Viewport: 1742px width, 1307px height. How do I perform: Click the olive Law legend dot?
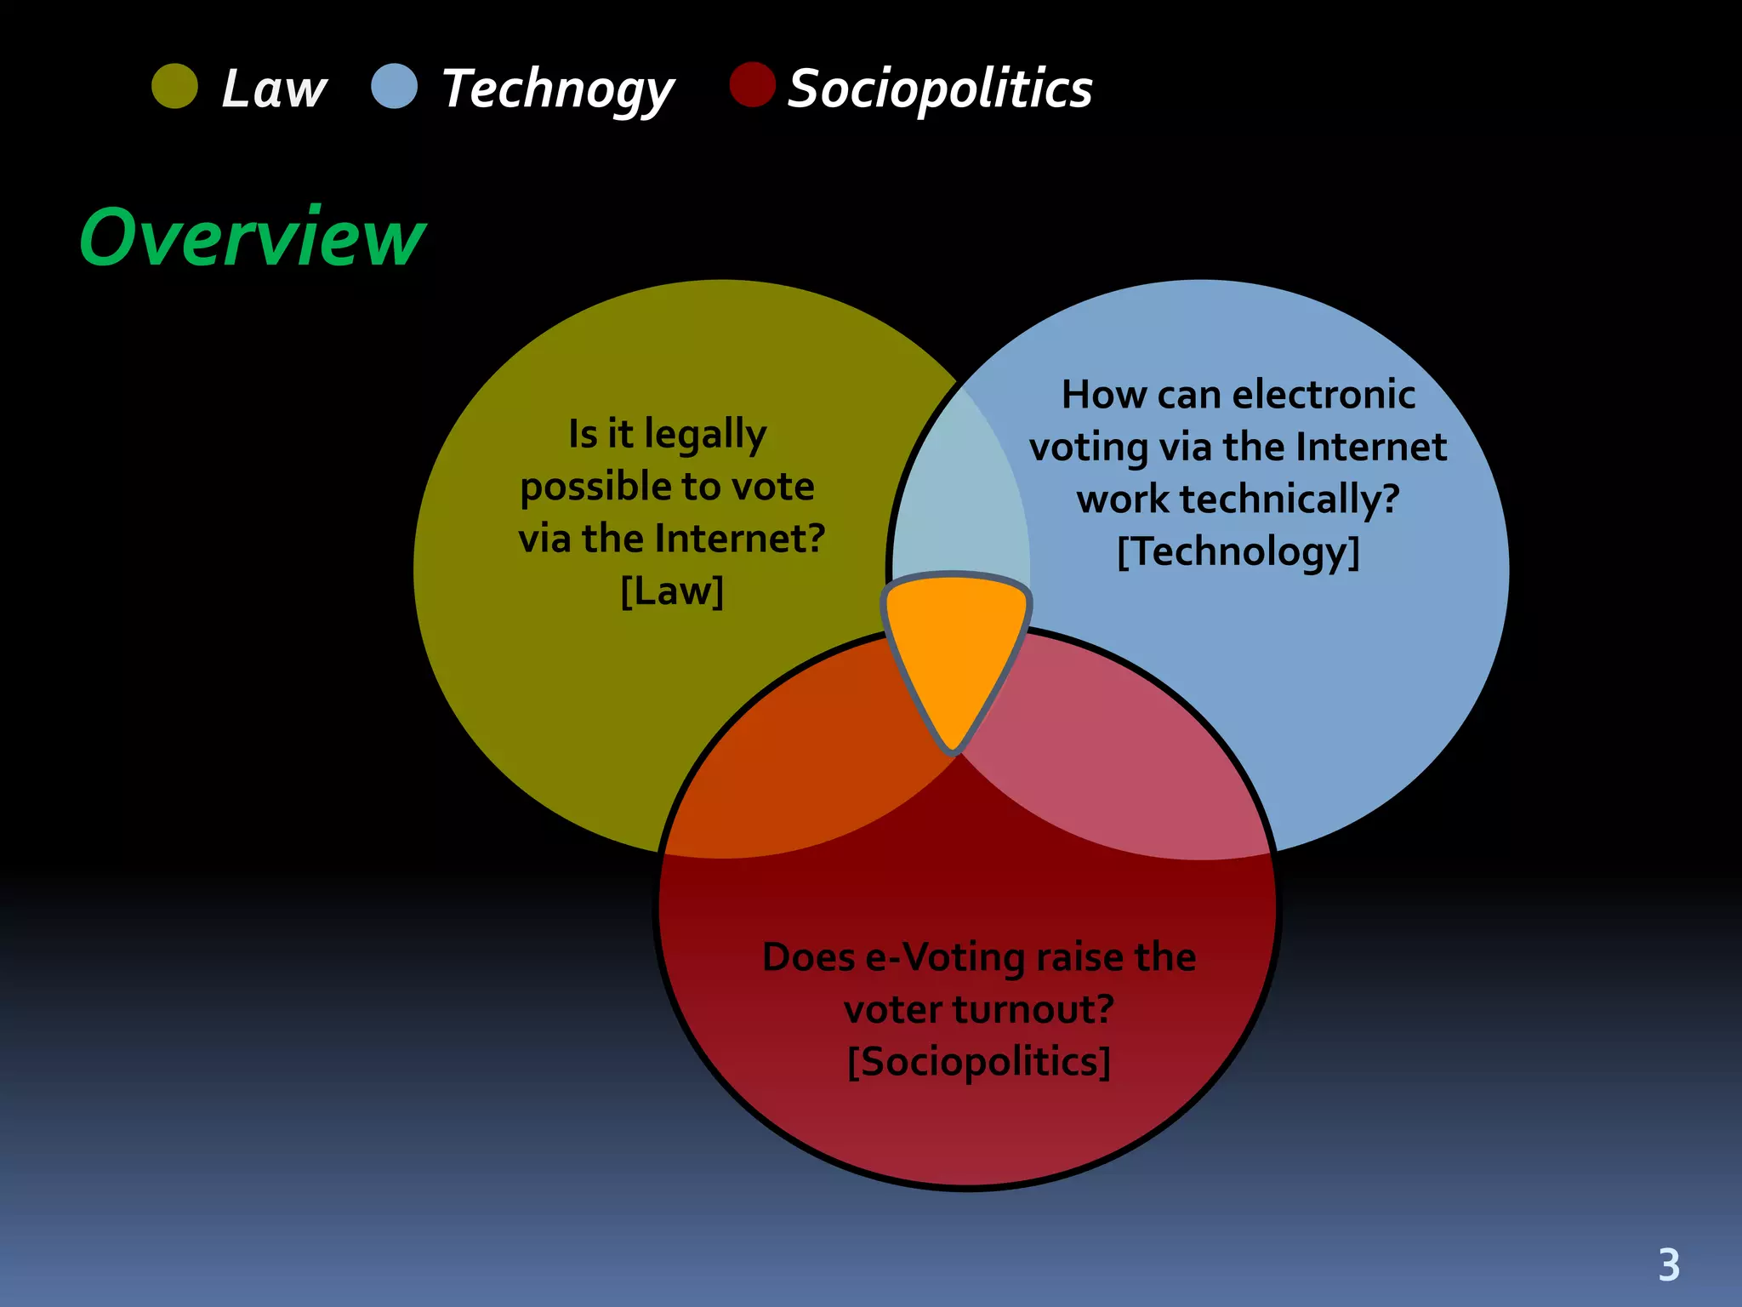174,86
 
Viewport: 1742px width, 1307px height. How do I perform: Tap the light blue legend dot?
395,86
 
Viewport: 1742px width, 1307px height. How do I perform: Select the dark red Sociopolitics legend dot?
753,85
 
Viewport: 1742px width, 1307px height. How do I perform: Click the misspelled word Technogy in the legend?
558,89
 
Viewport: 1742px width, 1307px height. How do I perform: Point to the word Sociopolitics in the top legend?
940,88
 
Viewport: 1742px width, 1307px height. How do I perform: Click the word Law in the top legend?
274,88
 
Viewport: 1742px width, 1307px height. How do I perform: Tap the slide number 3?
1669,1265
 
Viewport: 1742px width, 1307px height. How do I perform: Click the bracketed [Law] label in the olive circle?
672,591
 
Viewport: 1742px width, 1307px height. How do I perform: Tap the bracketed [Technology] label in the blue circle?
1238,551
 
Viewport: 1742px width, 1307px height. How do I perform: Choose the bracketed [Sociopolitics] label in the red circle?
979,1062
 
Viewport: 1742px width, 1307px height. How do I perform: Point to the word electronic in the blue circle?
1324,395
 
